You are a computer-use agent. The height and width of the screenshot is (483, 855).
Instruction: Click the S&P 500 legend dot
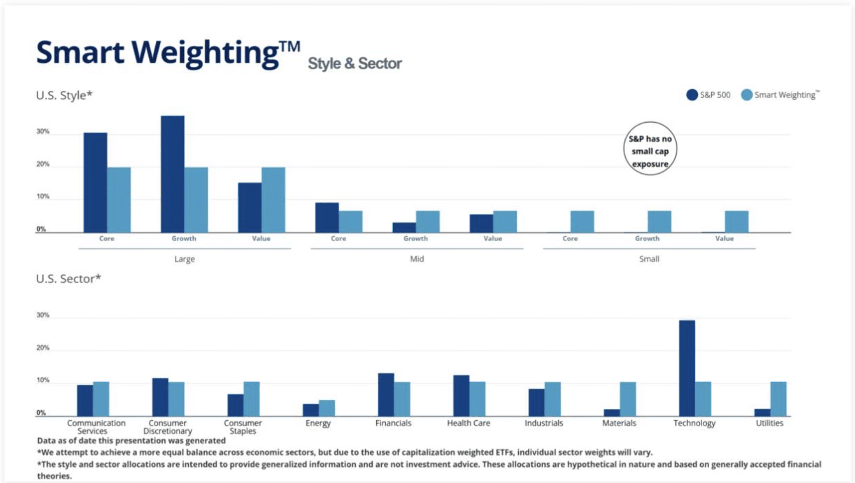pyautogui.click(x=692, y=95)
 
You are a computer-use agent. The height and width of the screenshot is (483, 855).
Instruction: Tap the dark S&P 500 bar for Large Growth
pyautogui.click(x=173, y=174)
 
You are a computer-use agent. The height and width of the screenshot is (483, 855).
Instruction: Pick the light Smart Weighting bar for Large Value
pyautogui.click(x=273, y=200)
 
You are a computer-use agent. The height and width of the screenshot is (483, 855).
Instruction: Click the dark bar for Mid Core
pyautogui.click(x=327, y=218)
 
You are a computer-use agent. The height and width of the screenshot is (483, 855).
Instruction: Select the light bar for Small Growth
pyautogui.click(x=659, y=221)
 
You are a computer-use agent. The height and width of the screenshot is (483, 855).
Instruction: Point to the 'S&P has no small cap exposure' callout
pyautogui.click(x=650, y=149)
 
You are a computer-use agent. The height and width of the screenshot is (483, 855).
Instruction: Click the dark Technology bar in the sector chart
pyautogui.click(x=687, y=368)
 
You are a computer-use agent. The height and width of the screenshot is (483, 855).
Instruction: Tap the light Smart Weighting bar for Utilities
pyautogui.click(x=778, y=398)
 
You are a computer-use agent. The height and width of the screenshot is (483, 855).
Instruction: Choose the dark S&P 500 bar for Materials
pyautogui.click(x=612, y=412)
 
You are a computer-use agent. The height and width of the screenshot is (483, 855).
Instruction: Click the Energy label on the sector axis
pyautogui.click(x=318, y=423)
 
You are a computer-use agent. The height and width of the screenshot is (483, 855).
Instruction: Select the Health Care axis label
pyautogui.click(x=468, y=423)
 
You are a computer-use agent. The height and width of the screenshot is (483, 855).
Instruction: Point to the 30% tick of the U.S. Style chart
pyautogui.click(x=43, y=132)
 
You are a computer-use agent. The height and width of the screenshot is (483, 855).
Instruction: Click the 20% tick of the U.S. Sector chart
pyautogui.click(x=43, y=348)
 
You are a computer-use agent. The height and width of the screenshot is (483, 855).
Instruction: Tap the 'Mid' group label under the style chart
pyautogui.click(x=417, y=259)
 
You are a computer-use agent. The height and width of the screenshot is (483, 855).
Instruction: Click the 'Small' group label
pyautogui.click(x=649, y=259)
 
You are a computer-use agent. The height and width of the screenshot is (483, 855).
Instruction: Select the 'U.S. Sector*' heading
pyautogui.click(x=68, y=279)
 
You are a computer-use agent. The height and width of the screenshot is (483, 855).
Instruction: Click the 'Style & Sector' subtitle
pyautogui.click(x=355, y=64)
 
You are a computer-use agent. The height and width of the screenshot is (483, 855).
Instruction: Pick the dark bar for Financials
pyautogui.click(x=386, y=395)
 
